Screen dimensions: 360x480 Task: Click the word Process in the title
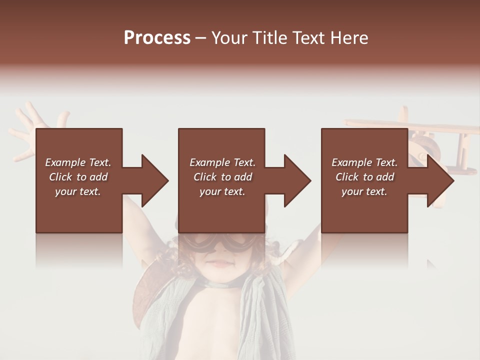(157, 38)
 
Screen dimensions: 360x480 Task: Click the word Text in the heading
(309, 38)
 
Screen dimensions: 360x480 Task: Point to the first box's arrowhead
(155, 180)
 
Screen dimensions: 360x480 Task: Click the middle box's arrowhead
(298, 180)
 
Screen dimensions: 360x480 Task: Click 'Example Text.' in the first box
(78, 162)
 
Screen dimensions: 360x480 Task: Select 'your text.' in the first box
(78, 191)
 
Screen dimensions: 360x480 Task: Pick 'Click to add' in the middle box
(222, 177)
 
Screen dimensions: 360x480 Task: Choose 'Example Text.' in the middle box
(222, 162)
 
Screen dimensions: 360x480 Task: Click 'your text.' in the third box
(364, 191)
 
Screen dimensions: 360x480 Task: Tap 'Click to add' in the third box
(364, 177)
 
